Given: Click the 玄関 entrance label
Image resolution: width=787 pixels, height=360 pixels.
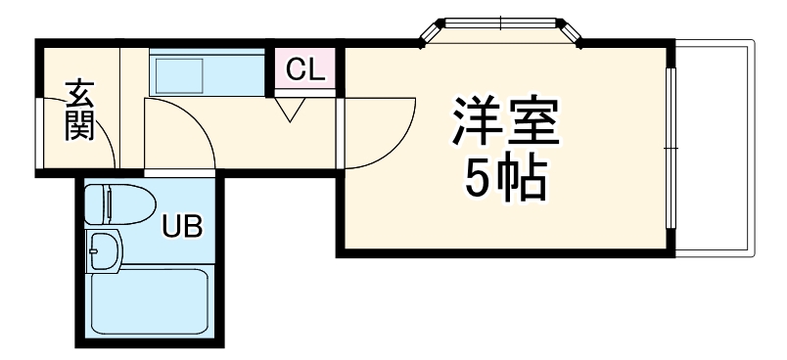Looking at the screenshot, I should click(x=80, y=110).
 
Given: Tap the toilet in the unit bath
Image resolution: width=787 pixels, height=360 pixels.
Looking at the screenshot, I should click(x=119, y=205).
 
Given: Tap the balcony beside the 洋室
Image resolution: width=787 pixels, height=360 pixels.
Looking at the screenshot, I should click(x=716, y=147).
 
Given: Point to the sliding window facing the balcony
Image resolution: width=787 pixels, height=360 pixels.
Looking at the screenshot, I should click(x=671, y=147).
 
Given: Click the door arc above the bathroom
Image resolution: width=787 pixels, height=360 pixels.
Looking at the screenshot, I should click(x=186, y=132).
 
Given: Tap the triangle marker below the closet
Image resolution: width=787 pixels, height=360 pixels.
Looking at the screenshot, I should click(x=290, y=110).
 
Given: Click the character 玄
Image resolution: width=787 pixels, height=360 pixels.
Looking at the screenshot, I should click(x=80, y=92).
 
